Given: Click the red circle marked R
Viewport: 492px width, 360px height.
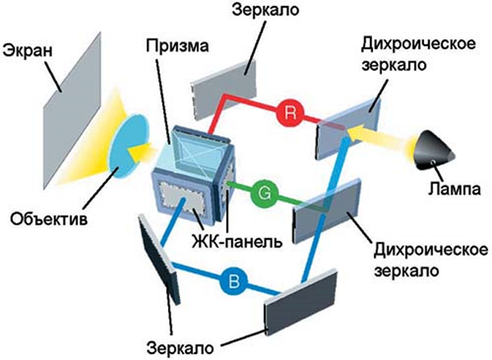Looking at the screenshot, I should tap(288, 114).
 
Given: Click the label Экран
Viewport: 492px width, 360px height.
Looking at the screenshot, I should tap(29, 51).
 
